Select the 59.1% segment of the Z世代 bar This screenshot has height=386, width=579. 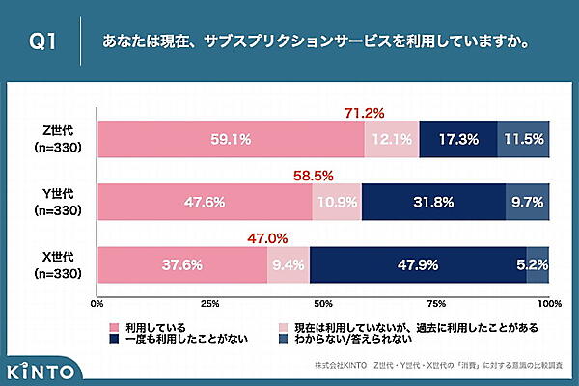(231, 139)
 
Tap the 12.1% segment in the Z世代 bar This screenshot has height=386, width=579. (392, 139)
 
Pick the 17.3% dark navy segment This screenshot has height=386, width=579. (458, 139)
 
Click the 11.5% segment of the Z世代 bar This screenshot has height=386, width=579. (523, 139)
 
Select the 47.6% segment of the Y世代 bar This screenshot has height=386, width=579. (205, 203)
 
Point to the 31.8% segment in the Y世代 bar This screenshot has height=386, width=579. (433, 203)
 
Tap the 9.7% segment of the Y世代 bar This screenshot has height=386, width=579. (527, 203)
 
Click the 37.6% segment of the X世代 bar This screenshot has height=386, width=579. (182, 264)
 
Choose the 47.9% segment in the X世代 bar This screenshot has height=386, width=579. (418, 264)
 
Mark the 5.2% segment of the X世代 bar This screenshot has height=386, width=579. (538, 264)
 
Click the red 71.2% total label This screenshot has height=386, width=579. (364, 113)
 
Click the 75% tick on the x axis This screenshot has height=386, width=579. (436, 303)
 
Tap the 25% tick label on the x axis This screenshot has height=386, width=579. (209, 303)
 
